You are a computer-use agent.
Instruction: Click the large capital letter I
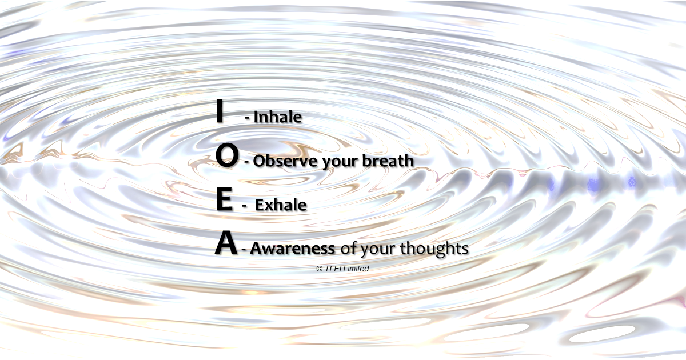point(220,111)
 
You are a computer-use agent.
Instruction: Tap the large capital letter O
point(226,155)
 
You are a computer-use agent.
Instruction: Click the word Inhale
point(277,117)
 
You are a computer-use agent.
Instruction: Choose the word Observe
point(285,161)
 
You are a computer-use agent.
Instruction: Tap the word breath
point(388,160)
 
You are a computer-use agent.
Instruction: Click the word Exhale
point(281,205)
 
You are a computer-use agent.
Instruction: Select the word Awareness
point(293,248)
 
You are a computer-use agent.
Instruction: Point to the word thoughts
point(434,248)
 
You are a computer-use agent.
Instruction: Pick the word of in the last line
point(349,247)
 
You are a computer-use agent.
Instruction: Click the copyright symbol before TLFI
point(320,269)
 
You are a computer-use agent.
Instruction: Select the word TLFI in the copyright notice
point(333,269)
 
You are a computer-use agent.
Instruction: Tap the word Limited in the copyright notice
point(356,269)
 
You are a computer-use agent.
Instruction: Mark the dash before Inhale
point(247,118)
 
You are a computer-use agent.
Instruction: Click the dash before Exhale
point(244,206)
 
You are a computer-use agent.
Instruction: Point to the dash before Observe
point(246,162)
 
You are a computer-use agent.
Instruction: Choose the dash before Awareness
point(244,250)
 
